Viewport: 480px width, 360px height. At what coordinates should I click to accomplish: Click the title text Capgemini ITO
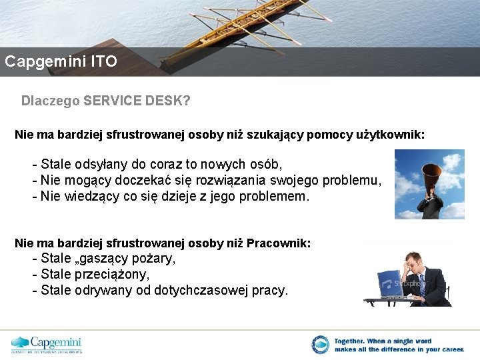click(61, 62)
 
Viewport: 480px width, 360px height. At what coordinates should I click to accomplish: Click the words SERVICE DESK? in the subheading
click(137, 101)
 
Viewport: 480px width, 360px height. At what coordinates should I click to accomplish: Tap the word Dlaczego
click(51, 101)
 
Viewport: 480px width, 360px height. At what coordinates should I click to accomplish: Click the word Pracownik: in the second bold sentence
click(278, 243)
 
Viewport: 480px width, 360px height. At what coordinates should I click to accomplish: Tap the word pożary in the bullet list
click(154, 259)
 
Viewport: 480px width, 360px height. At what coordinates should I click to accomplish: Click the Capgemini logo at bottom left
click(46, 344)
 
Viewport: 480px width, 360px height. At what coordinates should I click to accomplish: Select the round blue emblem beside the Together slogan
click(320, 345)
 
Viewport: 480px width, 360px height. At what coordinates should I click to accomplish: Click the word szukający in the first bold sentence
click(272, 135)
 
